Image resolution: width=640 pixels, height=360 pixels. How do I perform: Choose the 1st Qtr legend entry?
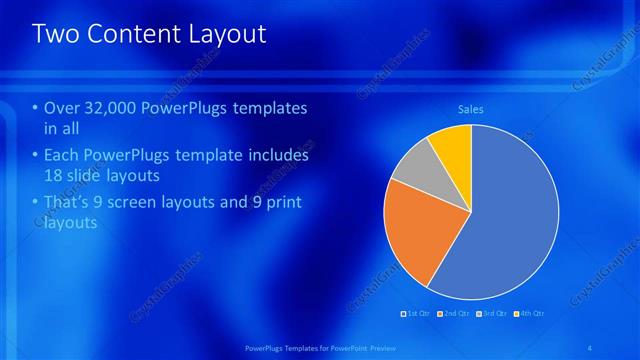[418, 313]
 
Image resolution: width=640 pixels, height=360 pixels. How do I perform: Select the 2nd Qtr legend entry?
[455, 313]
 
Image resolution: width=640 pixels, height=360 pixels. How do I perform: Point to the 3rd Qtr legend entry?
[492, 313]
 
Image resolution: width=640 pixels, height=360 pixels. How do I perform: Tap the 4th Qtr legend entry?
[529, 313]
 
